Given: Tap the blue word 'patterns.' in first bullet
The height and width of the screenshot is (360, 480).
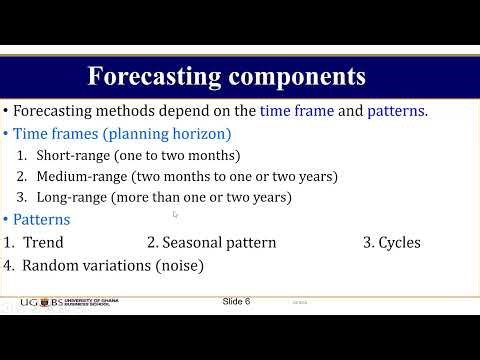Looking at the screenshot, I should pyautogui.click(x=398, y=111).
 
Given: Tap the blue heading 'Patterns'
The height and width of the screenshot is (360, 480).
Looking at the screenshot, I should pyautogui.click(x=41, y=219).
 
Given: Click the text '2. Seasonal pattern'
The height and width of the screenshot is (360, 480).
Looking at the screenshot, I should pyautogui.click(x=211, y=242).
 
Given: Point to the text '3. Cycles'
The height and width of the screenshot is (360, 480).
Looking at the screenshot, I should pyautogui.click(x=391, y=242).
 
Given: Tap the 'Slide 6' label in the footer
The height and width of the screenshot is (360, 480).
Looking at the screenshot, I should pyautogui.click(x=236, y=301).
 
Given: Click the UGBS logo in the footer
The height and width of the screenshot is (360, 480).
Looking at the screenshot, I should pyautogui.click(x=37, y=302).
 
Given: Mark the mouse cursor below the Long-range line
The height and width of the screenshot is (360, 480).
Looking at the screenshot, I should pyautogui.click(x=175, y=214).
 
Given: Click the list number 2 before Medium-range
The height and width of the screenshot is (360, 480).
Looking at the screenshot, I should pyautogui.click(x=23, y=176).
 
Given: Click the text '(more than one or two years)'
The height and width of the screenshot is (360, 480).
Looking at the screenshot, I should pyautogui.click(x=206, y=197).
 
